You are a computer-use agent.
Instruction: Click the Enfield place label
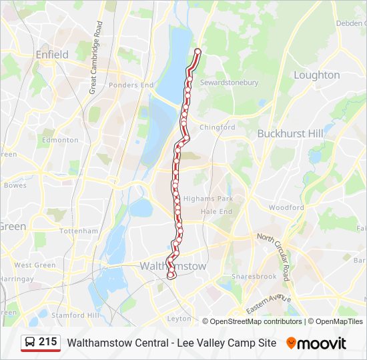click(x=52, y=54)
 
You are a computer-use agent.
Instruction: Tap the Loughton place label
click(x=316, y=75)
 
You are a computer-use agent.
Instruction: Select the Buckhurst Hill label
click(x=290, y=133)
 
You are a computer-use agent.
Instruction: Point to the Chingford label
click(x=218, y=127)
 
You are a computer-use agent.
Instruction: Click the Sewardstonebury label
click(x=230, y=83)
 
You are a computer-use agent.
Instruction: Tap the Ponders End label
click(x=131, y=85)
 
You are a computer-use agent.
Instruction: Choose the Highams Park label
click(x=208, y=199)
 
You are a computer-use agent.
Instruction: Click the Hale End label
click(x=216, y=211)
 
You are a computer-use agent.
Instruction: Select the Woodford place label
click(x=286, y=207)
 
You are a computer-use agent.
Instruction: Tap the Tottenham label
click(x=78, y=231)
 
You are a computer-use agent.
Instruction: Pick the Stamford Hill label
click(x=77, y=315)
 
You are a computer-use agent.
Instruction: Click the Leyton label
click(x=179, y=318)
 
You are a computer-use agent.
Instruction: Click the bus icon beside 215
click(x=30, y=343)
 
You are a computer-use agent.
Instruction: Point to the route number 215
click(x=48, y=342)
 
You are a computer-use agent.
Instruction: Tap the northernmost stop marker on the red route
click(x=198, y=51)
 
